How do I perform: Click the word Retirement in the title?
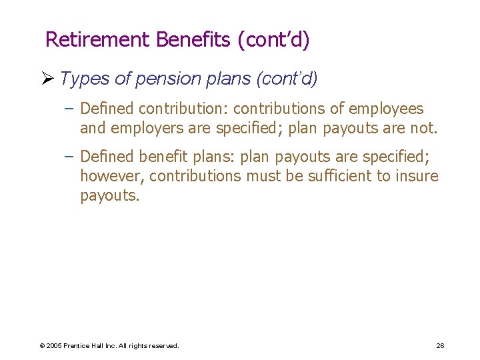[x=98, y=40]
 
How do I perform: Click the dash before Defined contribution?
[x=70, y=108]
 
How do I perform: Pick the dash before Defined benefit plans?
[x=70, y=157]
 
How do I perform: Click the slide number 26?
[x=440, y=345]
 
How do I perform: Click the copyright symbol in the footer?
[x=42, y=346]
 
